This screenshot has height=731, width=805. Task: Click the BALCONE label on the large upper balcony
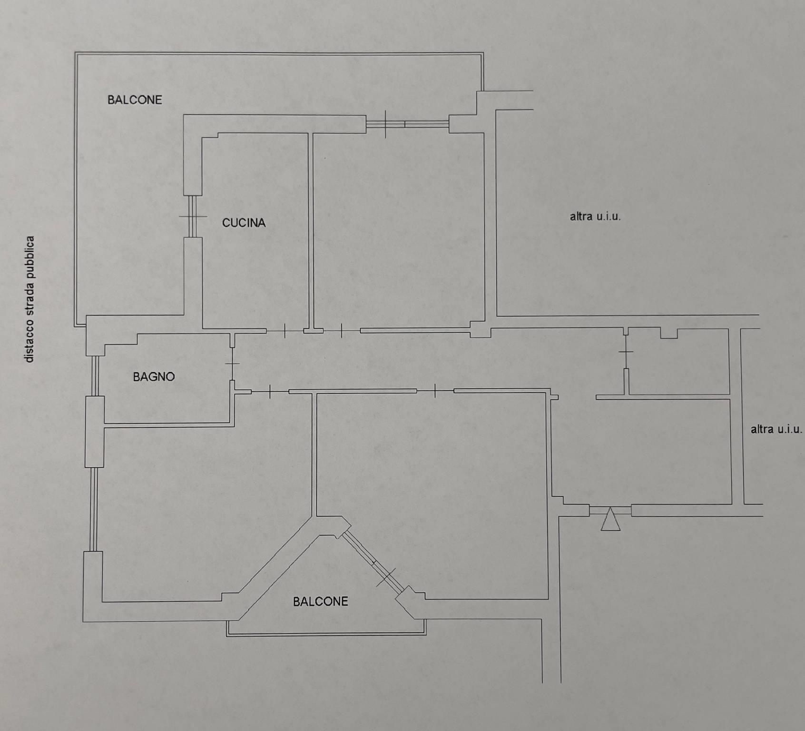point(135,99)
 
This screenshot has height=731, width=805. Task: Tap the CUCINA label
point(244,223)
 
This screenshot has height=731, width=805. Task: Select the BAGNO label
point(154,377)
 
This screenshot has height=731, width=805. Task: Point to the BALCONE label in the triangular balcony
point(320,602)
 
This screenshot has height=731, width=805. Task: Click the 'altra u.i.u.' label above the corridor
point(595,217)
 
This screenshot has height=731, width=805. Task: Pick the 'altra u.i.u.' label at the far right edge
point(776,429)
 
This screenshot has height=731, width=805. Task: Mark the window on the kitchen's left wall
point(193,217)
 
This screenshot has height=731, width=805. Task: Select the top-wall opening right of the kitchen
point(407,124)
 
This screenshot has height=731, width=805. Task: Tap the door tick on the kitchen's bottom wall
point(285,331)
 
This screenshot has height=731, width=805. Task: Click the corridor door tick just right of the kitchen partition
point(342,331)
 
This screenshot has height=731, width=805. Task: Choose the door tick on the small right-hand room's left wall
point(626,352)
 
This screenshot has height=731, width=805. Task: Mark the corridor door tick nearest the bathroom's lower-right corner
point(270,392)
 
